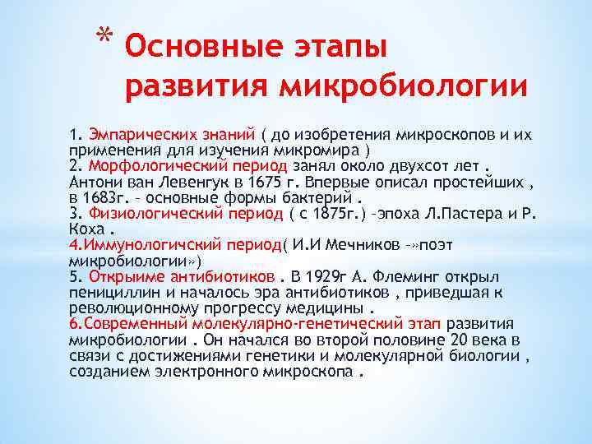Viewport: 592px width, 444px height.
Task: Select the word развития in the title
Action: [197, 84]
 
